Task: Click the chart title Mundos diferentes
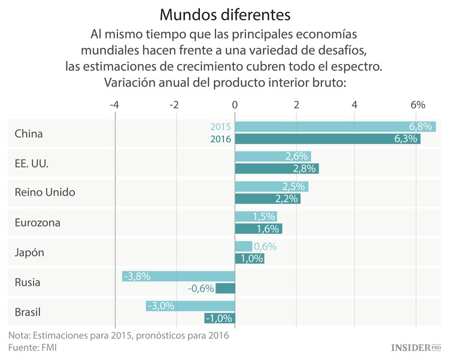click(x=224, y=13)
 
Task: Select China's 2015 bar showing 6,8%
click(x=335, y=127)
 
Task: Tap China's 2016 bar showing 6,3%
click(x=327, y=139)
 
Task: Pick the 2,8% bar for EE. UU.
click(x=277, y=169)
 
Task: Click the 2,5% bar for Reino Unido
click(x=271, y=187)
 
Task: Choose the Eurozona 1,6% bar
click(x=258, y=228)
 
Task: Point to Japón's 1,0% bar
click(x=249, y=258)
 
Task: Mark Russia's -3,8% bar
click(x=178, y=276)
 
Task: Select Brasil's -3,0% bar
click(x=190, y=306)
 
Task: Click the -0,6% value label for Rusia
click(x=201, y=288)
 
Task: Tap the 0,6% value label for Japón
click(x=265, y=246)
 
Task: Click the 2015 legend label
click(x=221, y=127)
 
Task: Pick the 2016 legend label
click(x=221, y=139)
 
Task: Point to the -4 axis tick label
click(x=114, y=105)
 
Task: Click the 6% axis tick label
click(x=417, y=105)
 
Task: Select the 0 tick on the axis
click(x=235, y=105)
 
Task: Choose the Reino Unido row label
click(x=45, y=193)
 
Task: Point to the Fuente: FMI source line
click(x=33, y=347)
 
